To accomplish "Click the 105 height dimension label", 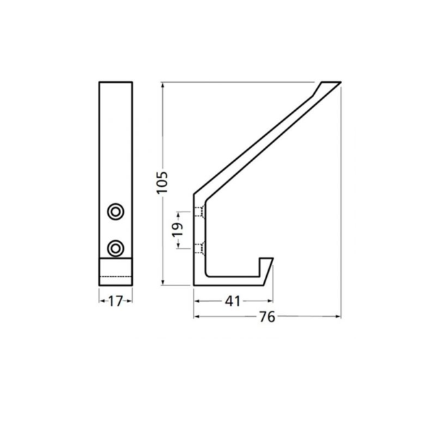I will click(x=162, y=182).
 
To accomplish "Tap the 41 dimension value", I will click(x=233, y=300).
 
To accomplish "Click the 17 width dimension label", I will click(x=116, y=300).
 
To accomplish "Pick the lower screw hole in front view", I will click(x=116, y=246).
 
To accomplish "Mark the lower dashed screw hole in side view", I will click(x=199, y=246).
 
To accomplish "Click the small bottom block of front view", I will click(x=116, y=271).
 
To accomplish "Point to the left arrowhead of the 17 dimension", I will click(x=101, y=300).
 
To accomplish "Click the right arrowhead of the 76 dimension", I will click(x=338, y=316).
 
